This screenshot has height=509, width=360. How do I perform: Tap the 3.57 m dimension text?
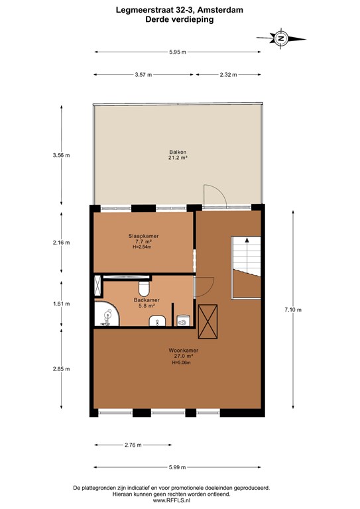143,75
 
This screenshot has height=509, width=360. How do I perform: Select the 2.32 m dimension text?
229,75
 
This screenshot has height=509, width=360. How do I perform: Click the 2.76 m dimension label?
133,445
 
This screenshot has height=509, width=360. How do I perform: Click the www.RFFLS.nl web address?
180,500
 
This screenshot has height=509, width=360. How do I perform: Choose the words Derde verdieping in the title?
180,20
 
